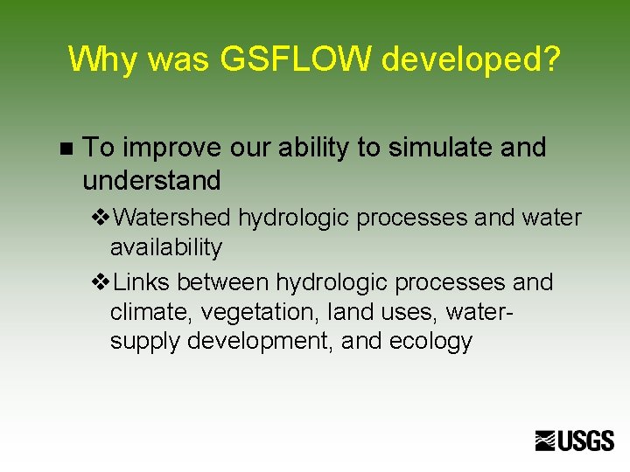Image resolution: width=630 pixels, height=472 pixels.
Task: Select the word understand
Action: point(151,181)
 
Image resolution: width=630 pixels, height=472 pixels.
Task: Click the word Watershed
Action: point(171,217)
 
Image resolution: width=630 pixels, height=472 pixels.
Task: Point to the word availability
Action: point(166,247)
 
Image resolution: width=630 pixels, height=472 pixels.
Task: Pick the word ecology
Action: point(430,341)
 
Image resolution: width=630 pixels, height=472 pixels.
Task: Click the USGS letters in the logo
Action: point(586,441)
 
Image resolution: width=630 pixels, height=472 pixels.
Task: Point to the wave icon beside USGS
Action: point(546,441)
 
